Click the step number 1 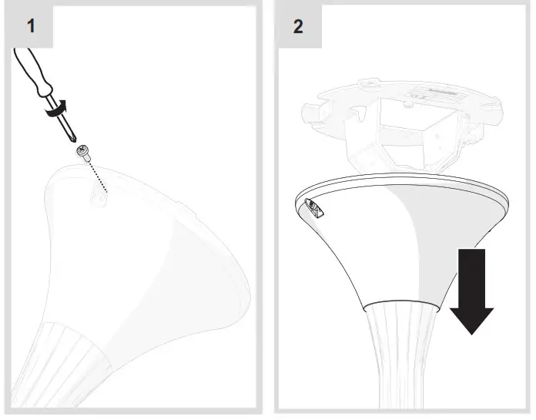(32, 26)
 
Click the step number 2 (298, 26)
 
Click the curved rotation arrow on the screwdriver (56, 110)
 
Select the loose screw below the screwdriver (83, 156)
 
